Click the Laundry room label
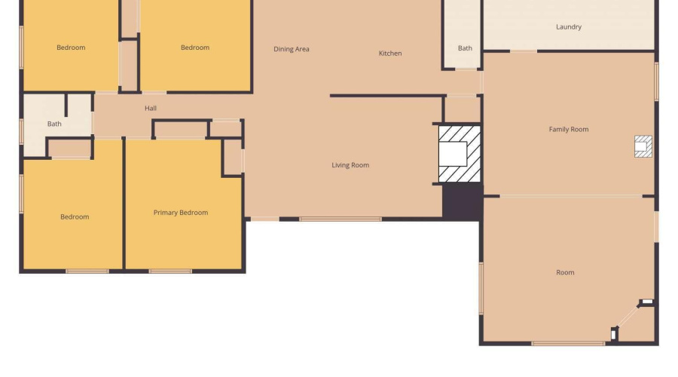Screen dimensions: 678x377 coord(569,27)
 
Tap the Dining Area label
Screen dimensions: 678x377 coord(292,49)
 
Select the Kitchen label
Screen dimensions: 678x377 coord(390,54)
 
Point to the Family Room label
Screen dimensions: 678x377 coord(569,130)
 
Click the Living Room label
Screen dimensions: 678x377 coord(350,165)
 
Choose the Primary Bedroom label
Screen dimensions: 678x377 coord(181,213)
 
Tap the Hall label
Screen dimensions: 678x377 coord(151,109)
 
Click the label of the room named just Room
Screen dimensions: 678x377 coord(565,273)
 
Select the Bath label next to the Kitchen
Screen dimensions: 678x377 coord(465,48)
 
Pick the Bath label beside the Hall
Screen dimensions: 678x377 coord(54,124)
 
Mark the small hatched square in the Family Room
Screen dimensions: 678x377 coord(643,146)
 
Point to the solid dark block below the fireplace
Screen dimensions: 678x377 coord(463,202)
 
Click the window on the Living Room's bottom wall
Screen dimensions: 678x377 coord(341,219)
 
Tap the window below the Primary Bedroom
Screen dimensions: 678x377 coord(170,271)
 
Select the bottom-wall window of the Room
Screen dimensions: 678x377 coord(568,344)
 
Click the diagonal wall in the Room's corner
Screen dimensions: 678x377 coord(628,317)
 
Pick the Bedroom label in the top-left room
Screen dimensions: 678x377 coord(71,48)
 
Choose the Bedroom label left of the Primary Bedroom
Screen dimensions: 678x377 coord(75,217)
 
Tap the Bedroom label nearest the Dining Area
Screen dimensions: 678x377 coord(195,48)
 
